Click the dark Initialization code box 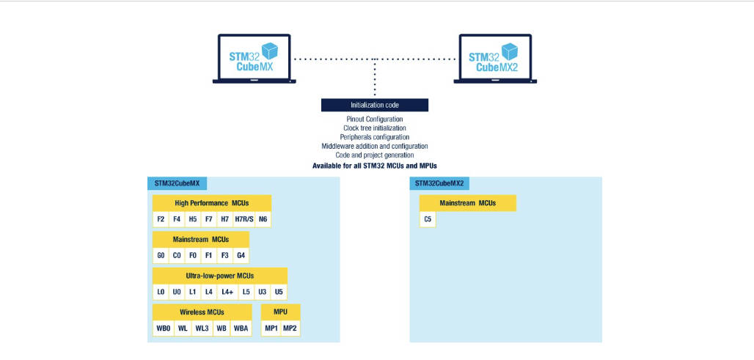(374, 106)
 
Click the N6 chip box (263, 218)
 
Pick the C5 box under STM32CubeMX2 (428, 218)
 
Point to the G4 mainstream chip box (240, 255)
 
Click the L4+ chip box (227, 292)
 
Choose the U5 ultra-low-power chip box (279, 292)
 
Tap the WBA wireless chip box (241, 328)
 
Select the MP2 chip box (290, 328)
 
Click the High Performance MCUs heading (212, 202)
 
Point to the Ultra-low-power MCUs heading (219, 276)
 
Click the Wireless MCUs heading (202, 312)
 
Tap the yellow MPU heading (281, 312)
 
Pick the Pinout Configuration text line (374, 119)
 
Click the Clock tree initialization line (374, 128)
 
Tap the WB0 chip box (163, 328)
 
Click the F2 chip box (161, 218)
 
